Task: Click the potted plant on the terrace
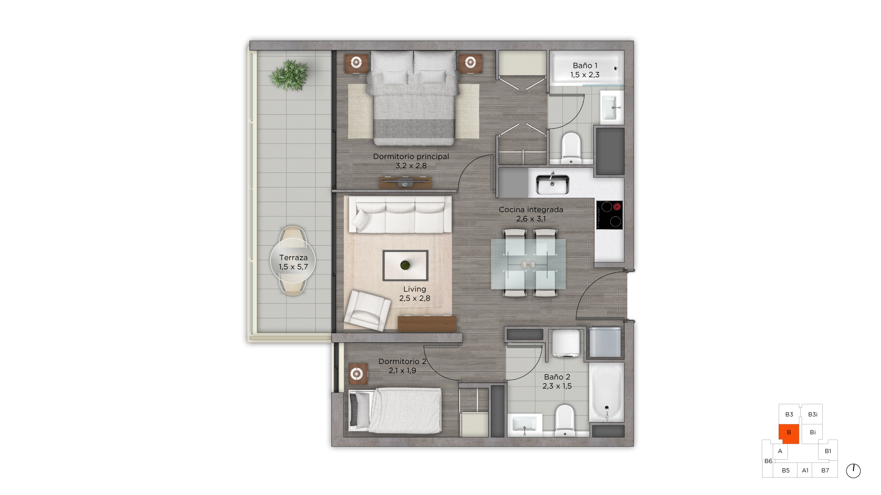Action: (289, 75)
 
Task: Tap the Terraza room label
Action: (293, 258)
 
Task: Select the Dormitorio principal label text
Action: (411, 156)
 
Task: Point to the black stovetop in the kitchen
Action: (609, 214)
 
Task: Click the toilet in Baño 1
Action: (571, 148)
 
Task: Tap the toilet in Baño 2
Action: (565, 419)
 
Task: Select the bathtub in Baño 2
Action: (607, 392)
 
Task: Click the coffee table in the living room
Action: (405, 265)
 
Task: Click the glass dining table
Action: (529, 264)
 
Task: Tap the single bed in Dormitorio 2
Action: (395, 411)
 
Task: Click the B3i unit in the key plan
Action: (812, 414)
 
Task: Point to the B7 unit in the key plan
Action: (825, 470)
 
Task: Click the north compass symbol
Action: (853, 471)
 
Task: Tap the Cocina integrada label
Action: (531, 209)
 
